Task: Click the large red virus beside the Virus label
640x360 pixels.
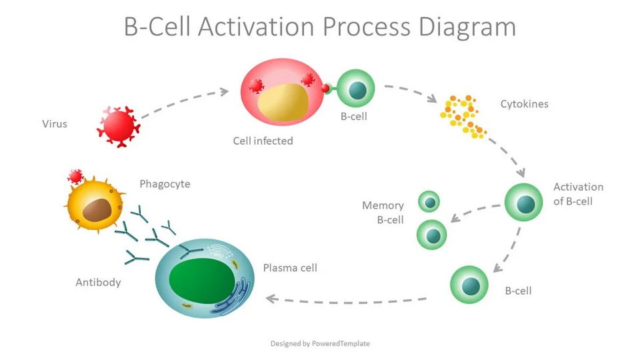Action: click(x=118, y=125)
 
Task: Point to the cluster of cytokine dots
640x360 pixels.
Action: click(x=461, y=115)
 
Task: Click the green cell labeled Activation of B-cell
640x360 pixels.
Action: click(x=525, y=203)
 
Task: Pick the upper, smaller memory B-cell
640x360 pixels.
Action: click(x=429, y=201)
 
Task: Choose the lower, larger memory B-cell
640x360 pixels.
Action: click(x=432, y=235)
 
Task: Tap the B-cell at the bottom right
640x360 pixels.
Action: click(x=470, y=284)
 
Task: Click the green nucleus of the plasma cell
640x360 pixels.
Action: click(x=201, y=279)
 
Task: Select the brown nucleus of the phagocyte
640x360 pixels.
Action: click(x=97, y=210)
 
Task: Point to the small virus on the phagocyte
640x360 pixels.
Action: click(x=75, y=177)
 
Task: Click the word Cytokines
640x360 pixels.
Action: click(x=525, y=104)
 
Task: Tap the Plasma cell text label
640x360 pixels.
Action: click(x=290, y=268)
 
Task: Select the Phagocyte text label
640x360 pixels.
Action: click(x=165, y=184)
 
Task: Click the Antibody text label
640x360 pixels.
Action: click(x=98, y=282)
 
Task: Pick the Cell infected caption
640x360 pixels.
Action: click(x=263, y=141)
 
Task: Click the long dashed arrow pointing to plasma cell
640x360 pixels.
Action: click(x=347, y=300)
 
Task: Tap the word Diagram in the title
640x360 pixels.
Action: click(x=466, y=27)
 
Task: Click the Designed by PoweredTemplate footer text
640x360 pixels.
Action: click(x=320, y=343)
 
